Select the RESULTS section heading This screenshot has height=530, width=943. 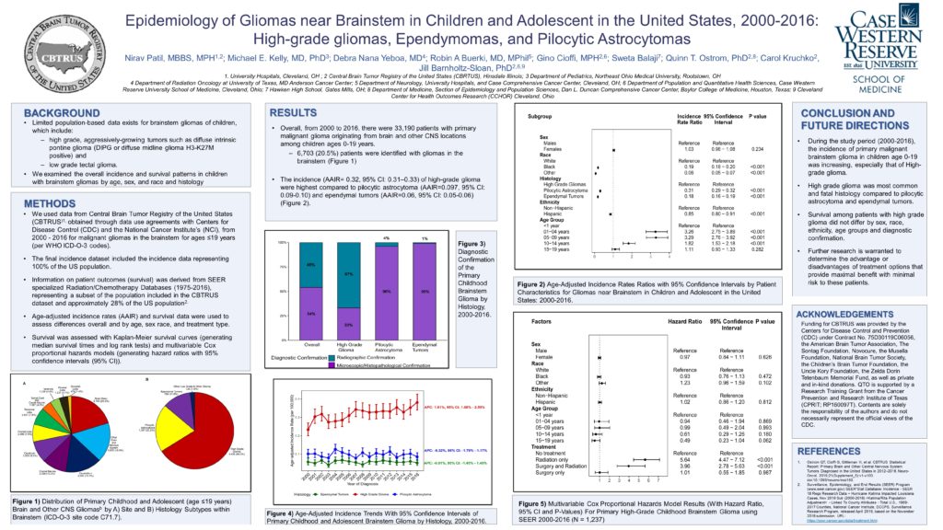[294, 110]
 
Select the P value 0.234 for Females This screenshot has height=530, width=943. [757, 149]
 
